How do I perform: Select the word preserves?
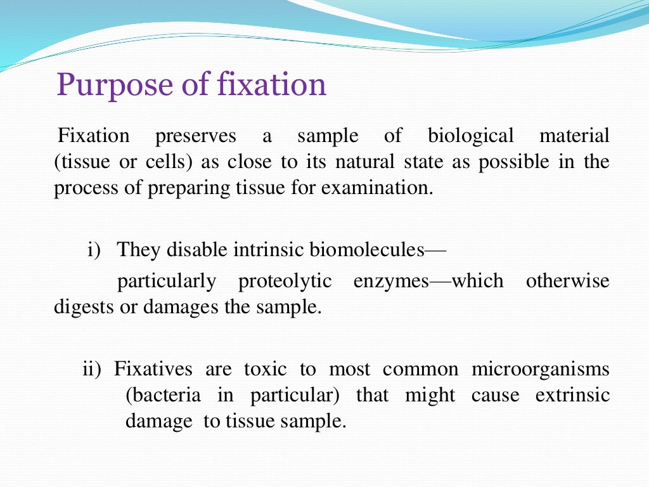(196, 136)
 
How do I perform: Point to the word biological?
(471, 136)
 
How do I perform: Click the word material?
(574, 136)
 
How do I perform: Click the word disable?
(189, 250)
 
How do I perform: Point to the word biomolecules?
(366, 250)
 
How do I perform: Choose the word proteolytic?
(285, 281)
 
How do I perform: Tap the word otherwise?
(568, 281)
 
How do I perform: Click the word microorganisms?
(541, 369)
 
